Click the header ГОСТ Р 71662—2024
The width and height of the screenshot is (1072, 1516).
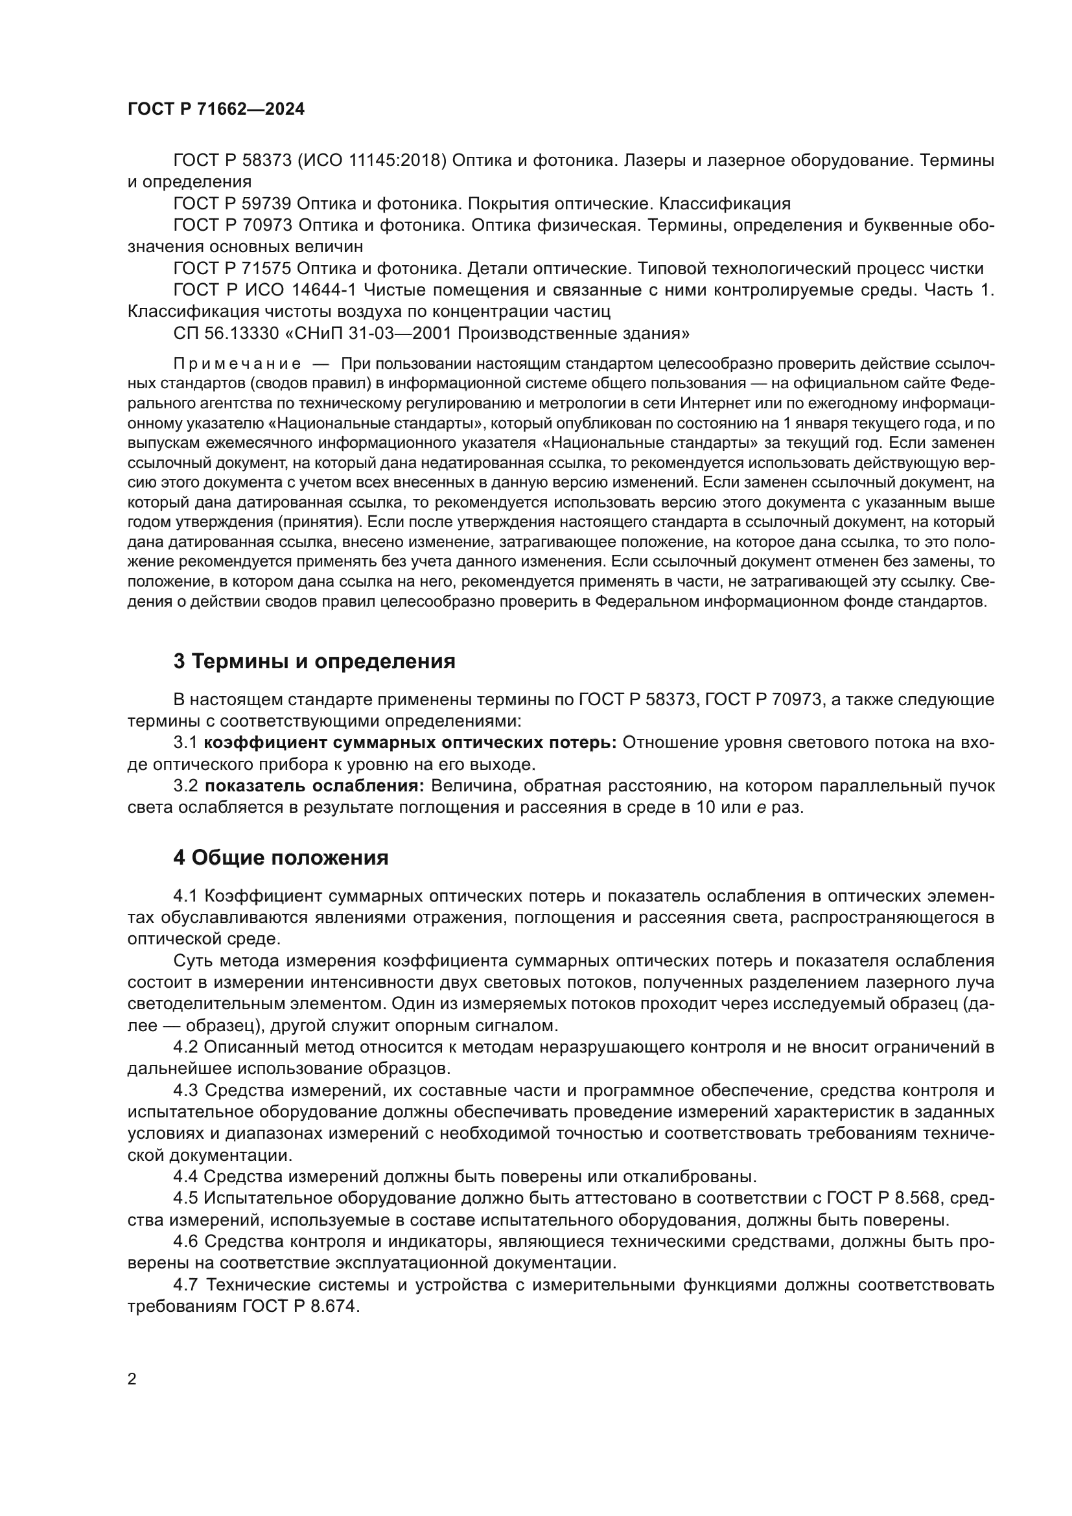(216, 110)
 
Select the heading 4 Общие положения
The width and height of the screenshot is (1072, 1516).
(281, 857)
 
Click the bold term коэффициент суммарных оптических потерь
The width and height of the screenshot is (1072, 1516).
(410, 743)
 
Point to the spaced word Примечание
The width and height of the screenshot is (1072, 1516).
(237, 364)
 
